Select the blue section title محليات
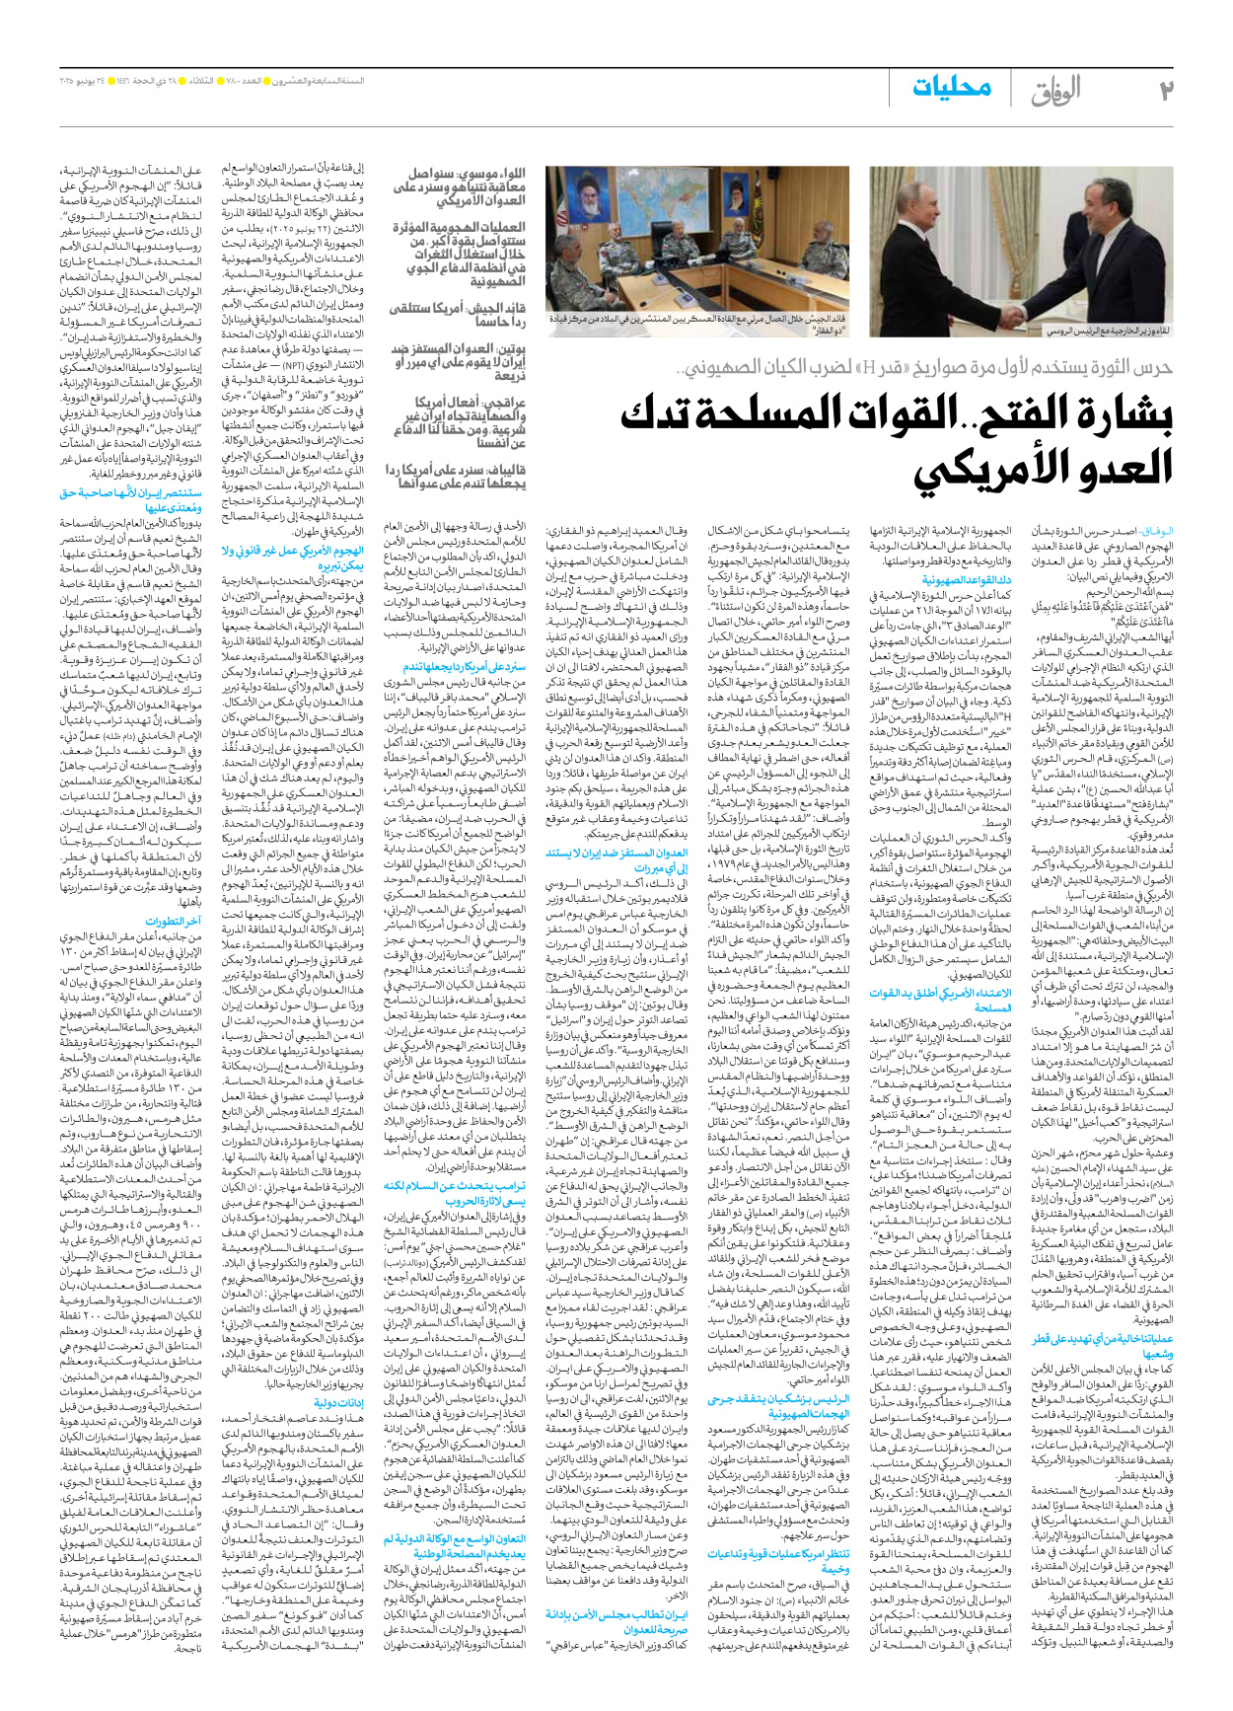[x=951, y=87]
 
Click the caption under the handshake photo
[x=1108, y=331]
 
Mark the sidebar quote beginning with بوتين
[x=458, y=361]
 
